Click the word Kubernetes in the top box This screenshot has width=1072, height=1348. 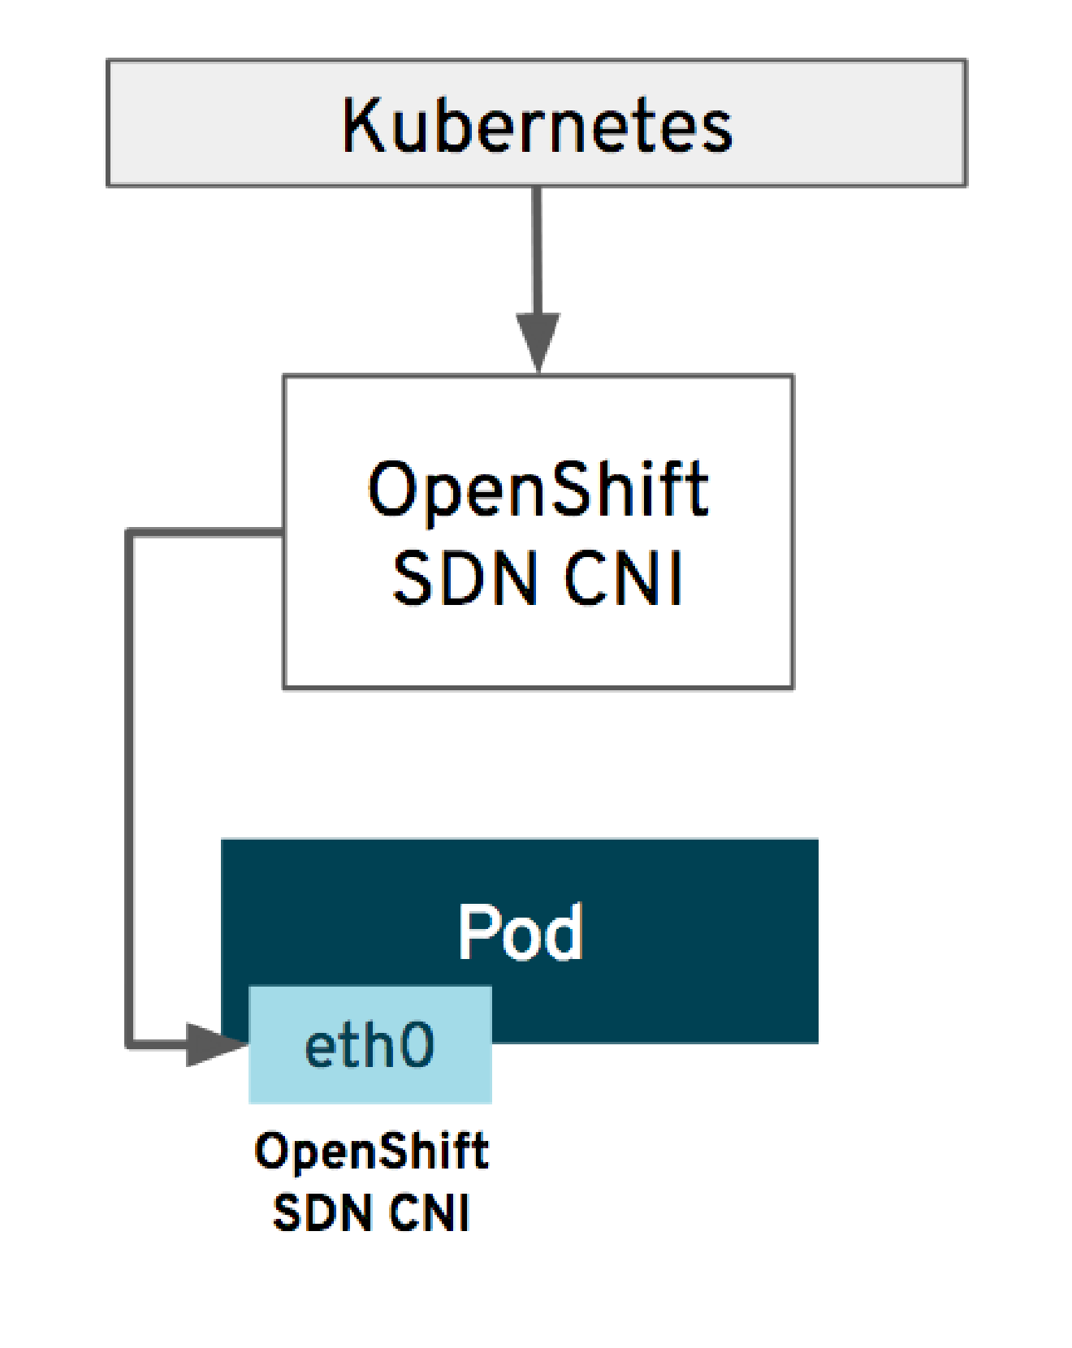[537, 125]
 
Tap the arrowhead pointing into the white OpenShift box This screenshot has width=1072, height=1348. [537, 341]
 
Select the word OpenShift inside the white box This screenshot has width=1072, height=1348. [537, 490]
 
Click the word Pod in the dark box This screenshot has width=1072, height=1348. [520, 932]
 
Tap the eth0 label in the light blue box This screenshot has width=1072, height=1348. [370, 1046]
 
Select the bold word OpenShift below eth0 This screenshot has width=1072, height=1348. [371, 1151]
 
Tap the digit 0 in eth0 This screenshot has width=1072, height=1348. [415, 1046]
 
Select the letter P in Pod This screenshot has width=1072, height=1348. [476, 932]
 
